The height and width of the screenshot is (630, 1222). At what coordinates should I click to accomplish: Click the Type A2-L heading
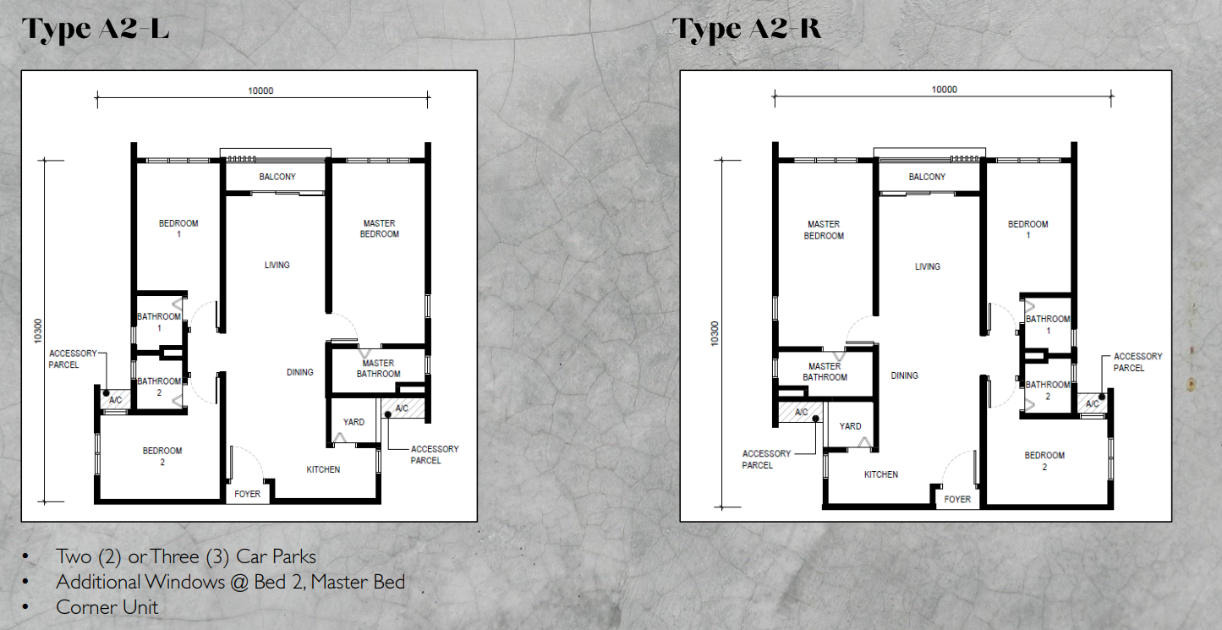click(x=96, y=29)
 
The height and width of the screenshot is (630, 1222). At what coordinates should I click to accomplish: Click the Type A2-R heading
click(x=747, y=29)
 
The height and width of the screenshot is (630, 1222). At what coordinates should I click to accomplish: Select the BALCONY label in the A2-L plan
click(x=277, y=177)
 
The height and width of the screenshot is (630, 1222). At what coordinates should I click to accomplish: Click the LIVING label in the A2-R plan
click(x=927, y=266)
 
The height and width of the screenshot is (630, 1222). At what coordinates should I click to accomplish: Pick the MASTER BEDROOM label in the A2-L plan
click(x=378, y=228)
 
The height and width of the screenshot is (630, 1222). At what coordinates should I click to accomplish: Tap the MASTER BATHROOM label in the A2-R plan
click(x=824, y=371)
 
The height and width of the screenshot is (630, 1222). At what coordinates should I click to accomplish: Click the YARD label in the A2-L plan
click(x=353, y=422)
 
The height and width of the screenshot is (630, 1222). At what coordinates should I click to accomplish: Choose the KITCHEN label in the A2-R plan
click(x=880, y=474)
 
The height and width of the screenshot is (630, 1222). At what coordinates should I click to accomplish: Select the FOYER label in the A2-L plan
click(x=247, y=494)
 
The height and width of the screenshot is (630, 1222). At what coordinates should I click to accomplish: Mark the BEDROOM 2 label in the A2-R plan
click(x=1044, y=461)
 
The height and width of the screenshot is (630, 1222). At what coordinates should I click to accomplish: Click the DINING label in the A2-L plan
click(x=299, y=372)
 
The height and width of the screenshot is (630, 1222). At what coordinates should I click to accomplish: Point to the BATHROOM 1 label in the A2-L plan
click(x=159, y=321)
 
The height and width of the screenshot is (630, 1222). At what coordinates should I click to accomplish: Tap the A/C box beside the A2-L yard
click(x=402, y=409)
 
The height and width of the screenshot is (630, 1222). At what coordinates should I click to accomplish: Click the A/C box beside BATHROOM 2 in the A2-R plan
click(x=1092, y=404)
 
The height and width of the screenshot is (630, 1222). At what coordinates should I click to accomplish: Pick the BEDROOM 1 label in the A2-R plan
click(x=1027, y=229)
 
